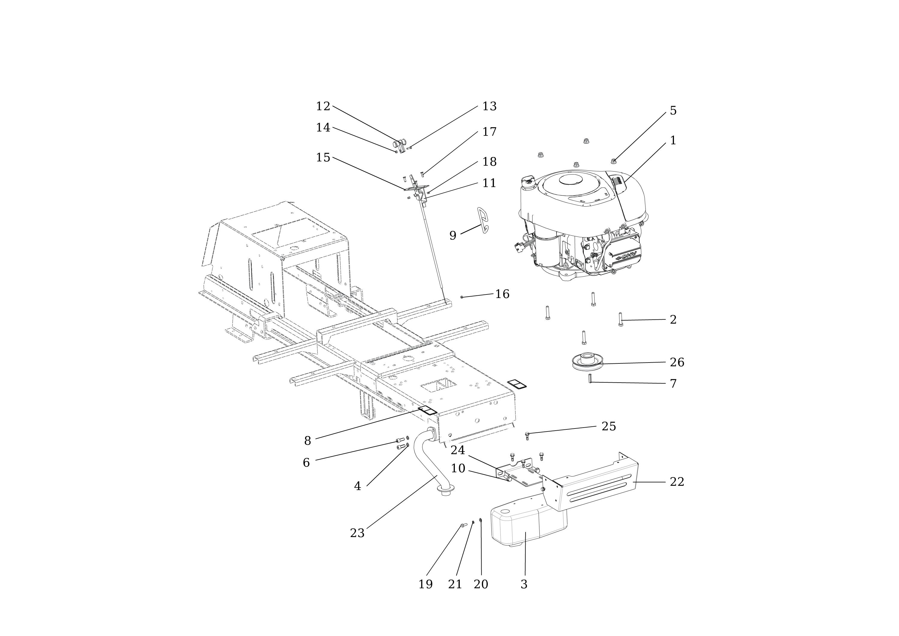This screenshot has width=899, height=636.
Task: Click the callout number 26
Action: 677,363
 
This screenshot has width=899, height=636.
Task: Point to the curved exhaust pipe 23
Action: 431,466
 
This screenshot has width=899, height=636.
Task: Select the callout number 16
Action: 502,294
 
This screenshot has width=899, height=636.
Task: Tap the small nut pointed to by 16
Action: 462,297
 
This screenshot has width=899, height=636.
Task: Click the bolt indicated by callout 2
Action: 621,319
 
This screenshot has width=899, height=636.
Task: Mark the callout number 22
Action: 677,482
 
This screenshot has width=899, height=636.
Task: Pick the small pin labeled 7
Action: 590,378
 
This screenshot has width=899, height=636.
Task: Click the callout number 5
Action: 673,111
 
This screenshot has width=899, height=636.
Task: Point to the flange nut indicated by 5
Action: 613,161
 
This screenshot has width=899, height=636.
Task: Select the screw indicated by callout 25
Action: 527,435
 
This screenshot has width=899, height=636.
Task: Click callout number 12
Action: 323,106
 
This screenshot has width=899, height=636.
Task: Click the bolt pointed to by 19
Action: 464,525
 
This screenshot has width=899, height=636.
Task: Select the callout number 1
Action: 673,140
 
